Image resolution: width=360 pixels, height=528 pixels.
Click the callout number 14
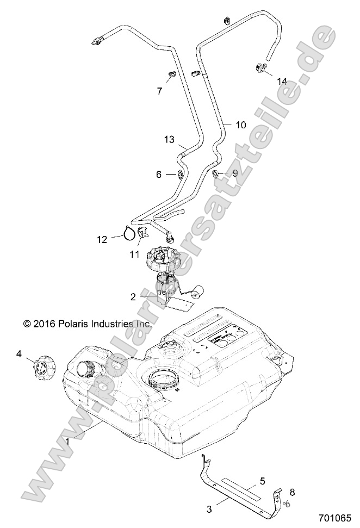click(282, 80)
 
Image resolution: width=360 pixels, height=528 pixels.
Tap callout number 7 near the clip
click(159, 91)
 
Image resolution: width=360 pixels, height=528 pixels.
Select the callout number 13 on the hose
click(169, 140)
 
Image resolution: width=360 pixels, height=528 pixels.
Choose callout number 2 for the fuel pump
click(133, 296)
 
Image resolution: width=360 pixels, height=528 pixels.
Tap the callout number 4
click(19, 354)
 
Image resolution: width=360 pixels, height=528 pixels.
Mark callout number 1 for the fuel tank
click(67, 442)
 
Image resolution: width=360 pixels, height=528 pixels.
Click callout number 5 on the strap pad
click(262, 480)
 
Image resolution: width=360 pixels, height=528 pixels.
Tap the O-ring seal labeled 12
click(129, 234)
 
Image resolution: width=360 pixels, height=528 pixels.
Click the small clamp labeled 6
click(179, 175)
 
